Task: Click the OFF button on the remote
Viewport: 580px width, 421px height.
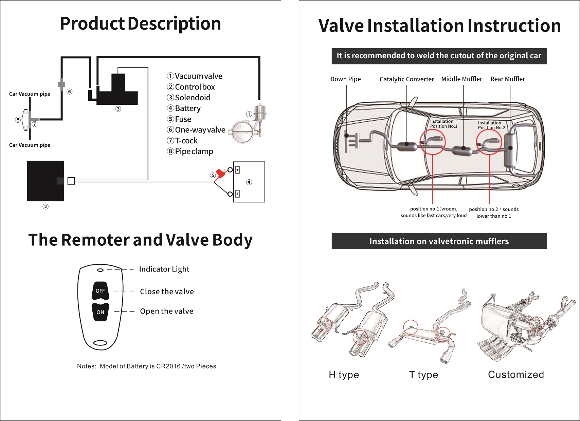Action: (100, 291)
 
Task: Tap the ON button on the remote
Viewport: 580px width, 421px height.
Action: (100, 312)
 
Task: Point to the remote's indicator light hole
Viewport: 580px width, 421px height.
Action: (100, 270)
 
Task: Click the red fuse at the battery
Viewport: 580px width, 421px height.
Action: (221, 174)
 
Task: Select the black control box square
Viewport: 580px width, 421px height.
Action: (46, 181)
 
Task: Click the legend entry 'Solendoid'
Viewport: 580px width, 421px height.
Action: (193, 98)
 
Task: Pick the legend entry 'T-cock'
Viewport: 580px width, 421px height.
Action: (186, 141)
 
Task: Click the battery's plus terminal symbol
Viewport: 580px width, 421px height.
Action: (237, 170)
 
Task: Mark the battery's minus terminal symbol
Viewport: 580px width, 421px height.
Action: (237, 194)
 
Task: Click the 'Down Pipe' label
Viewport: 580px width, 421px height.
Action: (345, 79)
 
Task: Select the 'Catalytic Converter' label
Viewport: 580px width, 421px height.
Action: (406, 79)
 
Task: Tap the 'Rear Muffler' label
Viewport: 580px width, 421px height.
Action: (507, 79)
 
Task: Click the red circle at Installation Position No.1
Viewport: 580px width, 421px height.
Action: (432, 142)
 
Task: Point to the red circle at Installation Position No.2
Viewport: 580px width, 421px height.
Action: (489, 142)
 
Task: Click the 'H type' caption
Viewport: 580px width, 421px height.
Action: (344, 375)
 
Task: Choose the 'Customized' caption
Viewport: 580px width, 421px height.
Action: (516, 375)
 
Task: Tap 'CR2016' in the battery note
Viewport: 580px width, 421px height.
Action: (168, 366)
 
